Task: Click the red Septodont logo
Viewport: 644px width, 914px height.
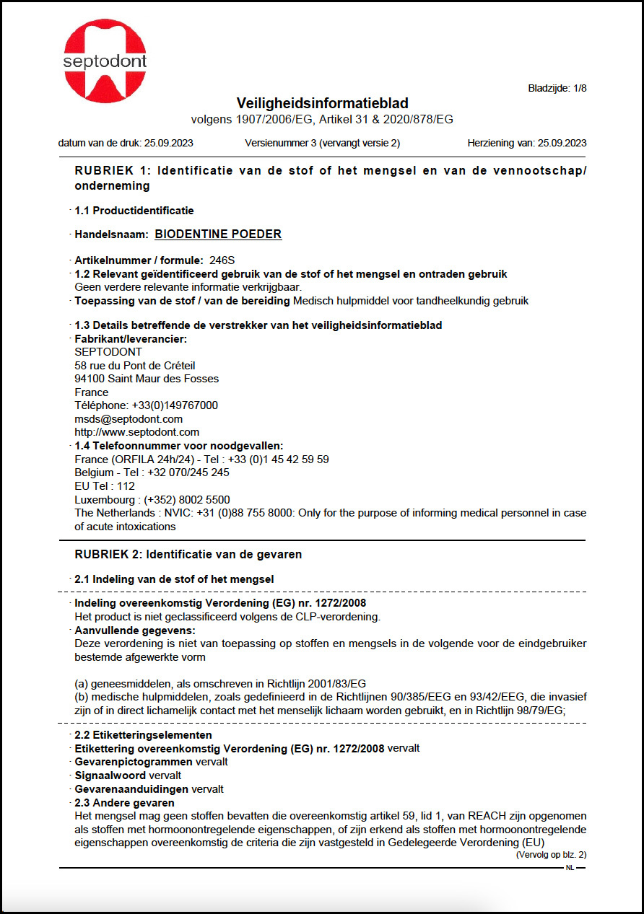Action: [x=105, y=61]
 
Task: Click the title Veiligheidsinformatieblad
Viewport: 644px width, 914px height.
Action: [x=322, y=104]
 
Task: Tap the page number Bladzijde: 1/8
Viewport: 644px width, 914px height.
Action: [x=557, y=89]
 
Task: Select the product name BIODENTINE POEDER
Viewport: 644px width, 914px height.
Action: [x=218, y=234]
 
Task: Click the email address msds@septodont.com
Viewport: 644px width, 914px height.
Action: [x=129, y=419]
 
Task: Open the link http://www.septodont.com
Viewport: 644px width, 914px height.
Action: [x=136, y=432]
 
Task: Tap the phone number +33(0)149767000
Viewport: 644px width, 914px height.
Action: [x=175, y=405]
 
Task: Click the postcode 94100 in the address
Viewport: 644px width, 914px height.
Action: [x=89, y=379]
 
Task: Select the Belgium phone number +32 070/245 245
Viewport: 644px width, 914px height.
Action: [x=188, y=473]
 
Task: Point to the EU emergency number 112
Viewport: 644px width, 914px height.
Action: [x=126, y=486]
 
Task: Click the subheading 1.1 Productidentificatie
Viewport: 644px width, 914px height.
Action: [x=134, y=211]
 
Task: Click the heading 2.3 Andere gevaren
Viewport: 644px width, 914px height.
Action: [x=124, y=803]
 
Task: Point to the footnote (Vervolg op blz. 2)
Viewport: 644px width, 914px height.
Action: [x=551, y=855]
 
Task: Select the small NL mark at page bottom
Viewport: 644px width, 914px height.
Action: [x=570, y=868]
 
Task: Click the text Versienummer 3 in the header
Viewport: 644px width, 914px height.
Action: [x=281, y=143]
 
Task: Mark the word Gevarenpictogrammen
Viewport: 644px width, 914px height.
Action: [x=133, y=762]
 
